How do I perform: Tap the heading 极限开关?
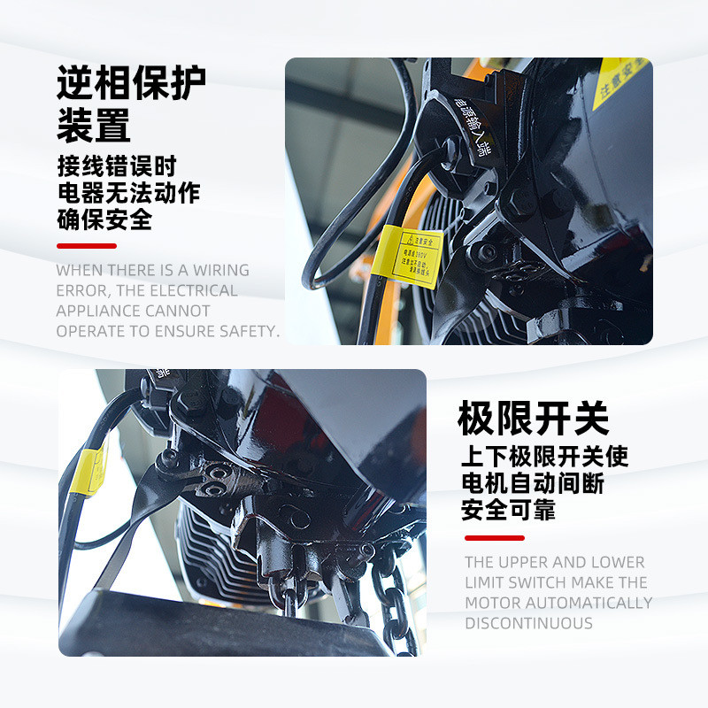[533, 418]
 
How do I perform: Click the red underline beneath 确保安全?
[86, 245]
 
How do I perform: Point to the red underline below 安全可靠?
[494, 537]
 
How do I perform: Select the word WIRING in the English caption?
[221, 271]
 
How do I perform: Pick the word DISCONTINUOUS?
[528, 623]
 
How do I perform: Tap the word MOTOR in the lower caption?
[493, 603]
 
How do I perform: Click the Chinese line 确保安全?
[104, 219]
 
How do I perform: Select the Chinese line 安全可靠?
[508, 510]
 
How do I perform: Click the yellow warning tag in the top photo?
[411, 258]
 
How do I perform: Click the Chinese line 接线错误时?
[117, 165]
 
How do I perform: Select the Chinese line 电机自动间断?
[533, 483]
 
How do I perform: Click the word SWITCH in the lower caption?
[535, 582]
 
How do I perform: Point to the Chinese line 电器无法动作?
[128, 192]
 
